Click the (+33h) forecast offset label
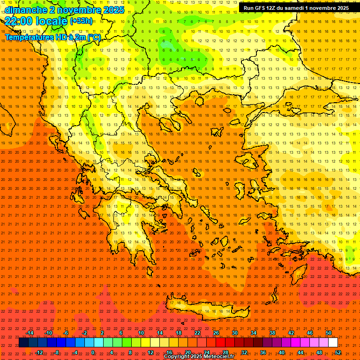pos(81,21)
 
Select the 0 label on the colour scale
pos(93,352)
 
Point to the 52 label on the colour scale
pos(337,352)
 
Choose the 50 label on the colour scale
pos(328,333)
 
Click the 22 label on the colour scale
pos(197,333)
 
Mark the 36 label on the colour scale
pos(262,352)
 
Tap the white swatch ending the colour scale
pos(333,343)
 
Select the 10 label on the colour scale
pos(141,333)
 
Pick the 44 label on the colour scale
pos(300,352)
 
